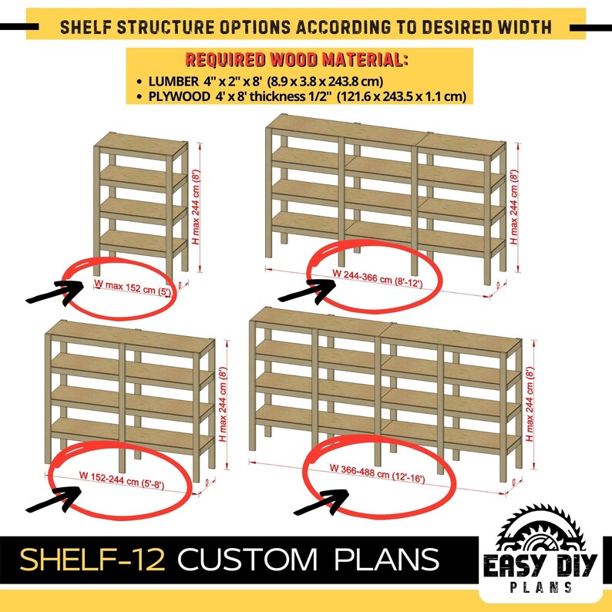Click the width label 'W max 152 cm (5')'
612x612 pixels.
132,285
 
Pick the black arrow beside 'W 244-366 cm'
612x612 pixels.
306,290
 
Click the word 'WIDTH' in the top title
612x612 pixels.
523,28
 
